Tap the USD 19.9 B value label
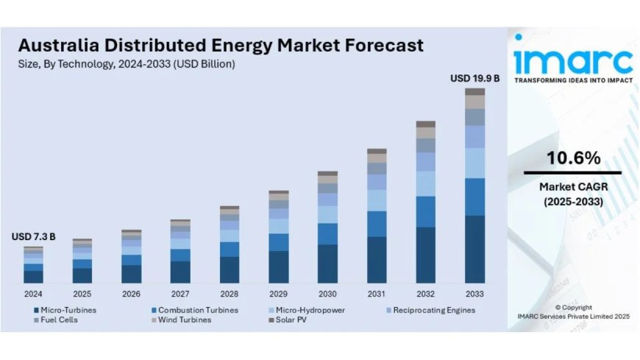pyautogui.click(x=474, y=78)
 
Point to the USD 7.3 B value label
pyautogui.click(x=33, y=237)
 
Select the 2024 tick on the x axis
pyautogui.click(x=33, y=293)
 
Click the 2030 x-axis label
pyautogui.click(x=327, y=293)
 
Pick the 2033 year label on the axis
pyautogui.click(x=474, y=293)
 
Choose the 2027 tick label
pyautogui.click(x=180, y=293)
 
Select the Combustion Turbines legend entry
pyautogui.click(x=193, y=310)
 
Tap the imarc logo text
pyautogui.click(x=572, y=59)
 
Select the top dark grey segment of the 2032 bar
pyautogui.click(x=425, y=124)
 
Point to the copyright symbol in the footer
pyautogui.click(x=558, y=307)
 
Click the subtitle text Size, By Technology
pyautogui.click(x=66, y=64)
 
